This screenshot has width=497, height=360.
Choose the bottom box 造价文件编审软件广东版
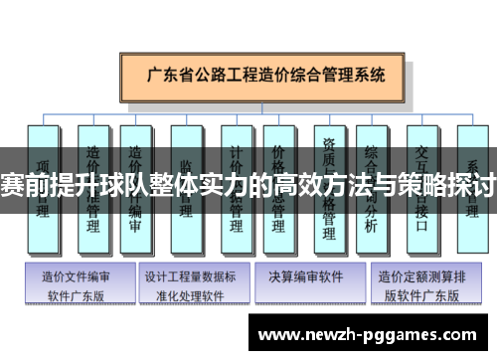click(x=78, y=284)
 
